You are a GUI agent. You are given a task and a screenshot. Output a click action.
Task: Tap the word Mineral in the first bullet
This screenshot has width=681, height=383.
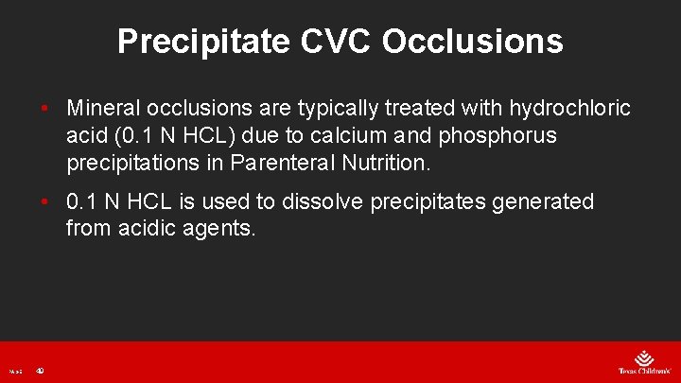(x=104, y=109)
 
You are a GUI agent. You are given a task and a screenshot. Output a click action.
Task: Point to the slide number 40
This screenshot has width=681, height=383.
(x=40, y=370)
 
